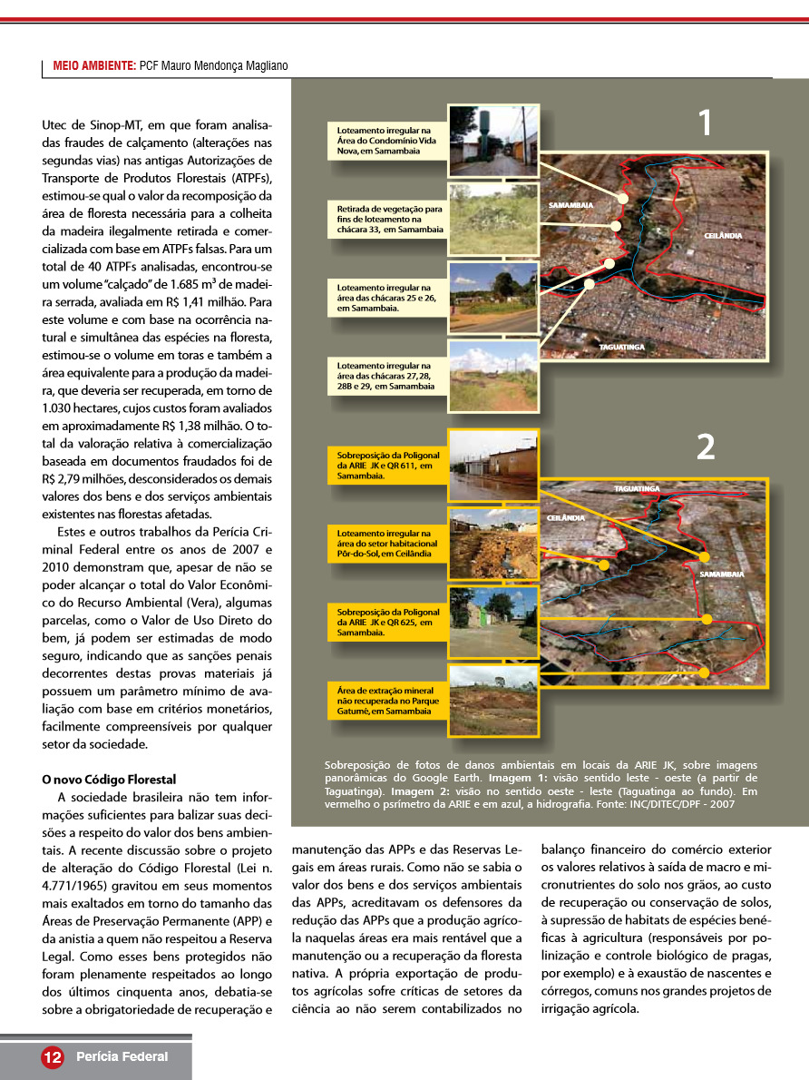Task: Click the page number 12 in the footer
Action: (x=52, y=1056)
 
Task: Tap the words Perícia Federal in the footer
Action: (x=122, y=1056)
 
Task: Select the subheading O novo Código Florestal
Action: (x=109, y=779)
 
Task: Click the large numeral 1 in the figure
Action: (x=704, y=123)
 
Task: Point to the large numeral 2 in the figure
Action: (x=705, y=446)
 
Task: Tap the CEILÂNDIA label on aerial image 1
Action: (x=723, y=236)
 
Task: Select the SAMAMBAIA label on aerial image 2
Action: (x=722, y=574)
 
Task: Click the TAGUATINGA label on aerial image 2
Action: (x=637, y=488)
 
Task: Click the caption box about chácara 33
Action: (x=385, y=220)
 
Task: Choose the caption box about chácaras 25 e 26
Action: (x=385, y=297)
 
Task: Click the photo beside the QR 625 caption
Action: (x=493, y=622)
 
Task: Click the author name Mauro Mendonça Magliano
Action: (x=214, y=66)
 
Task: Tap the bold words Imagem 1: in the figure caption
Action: (x=518, y=778)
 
